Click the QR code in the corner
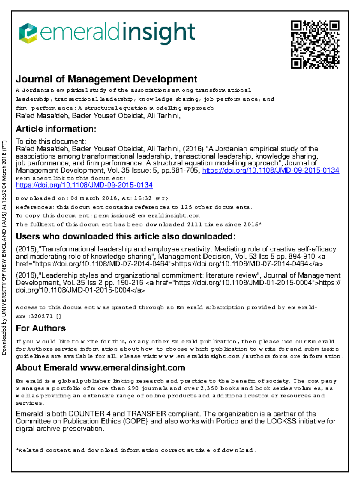tap(315, 44)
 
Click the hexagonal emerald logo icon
tap(28, 33)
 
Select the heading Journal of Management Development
tap(106, 79)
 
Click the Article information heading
tap(56, 129)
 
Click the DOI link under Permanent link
tap(84, 185)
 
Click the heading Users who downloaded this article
tap(125, 236)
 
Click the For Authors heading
tap(40, 328)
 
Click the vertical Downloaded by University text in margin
tap(4, 247)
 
